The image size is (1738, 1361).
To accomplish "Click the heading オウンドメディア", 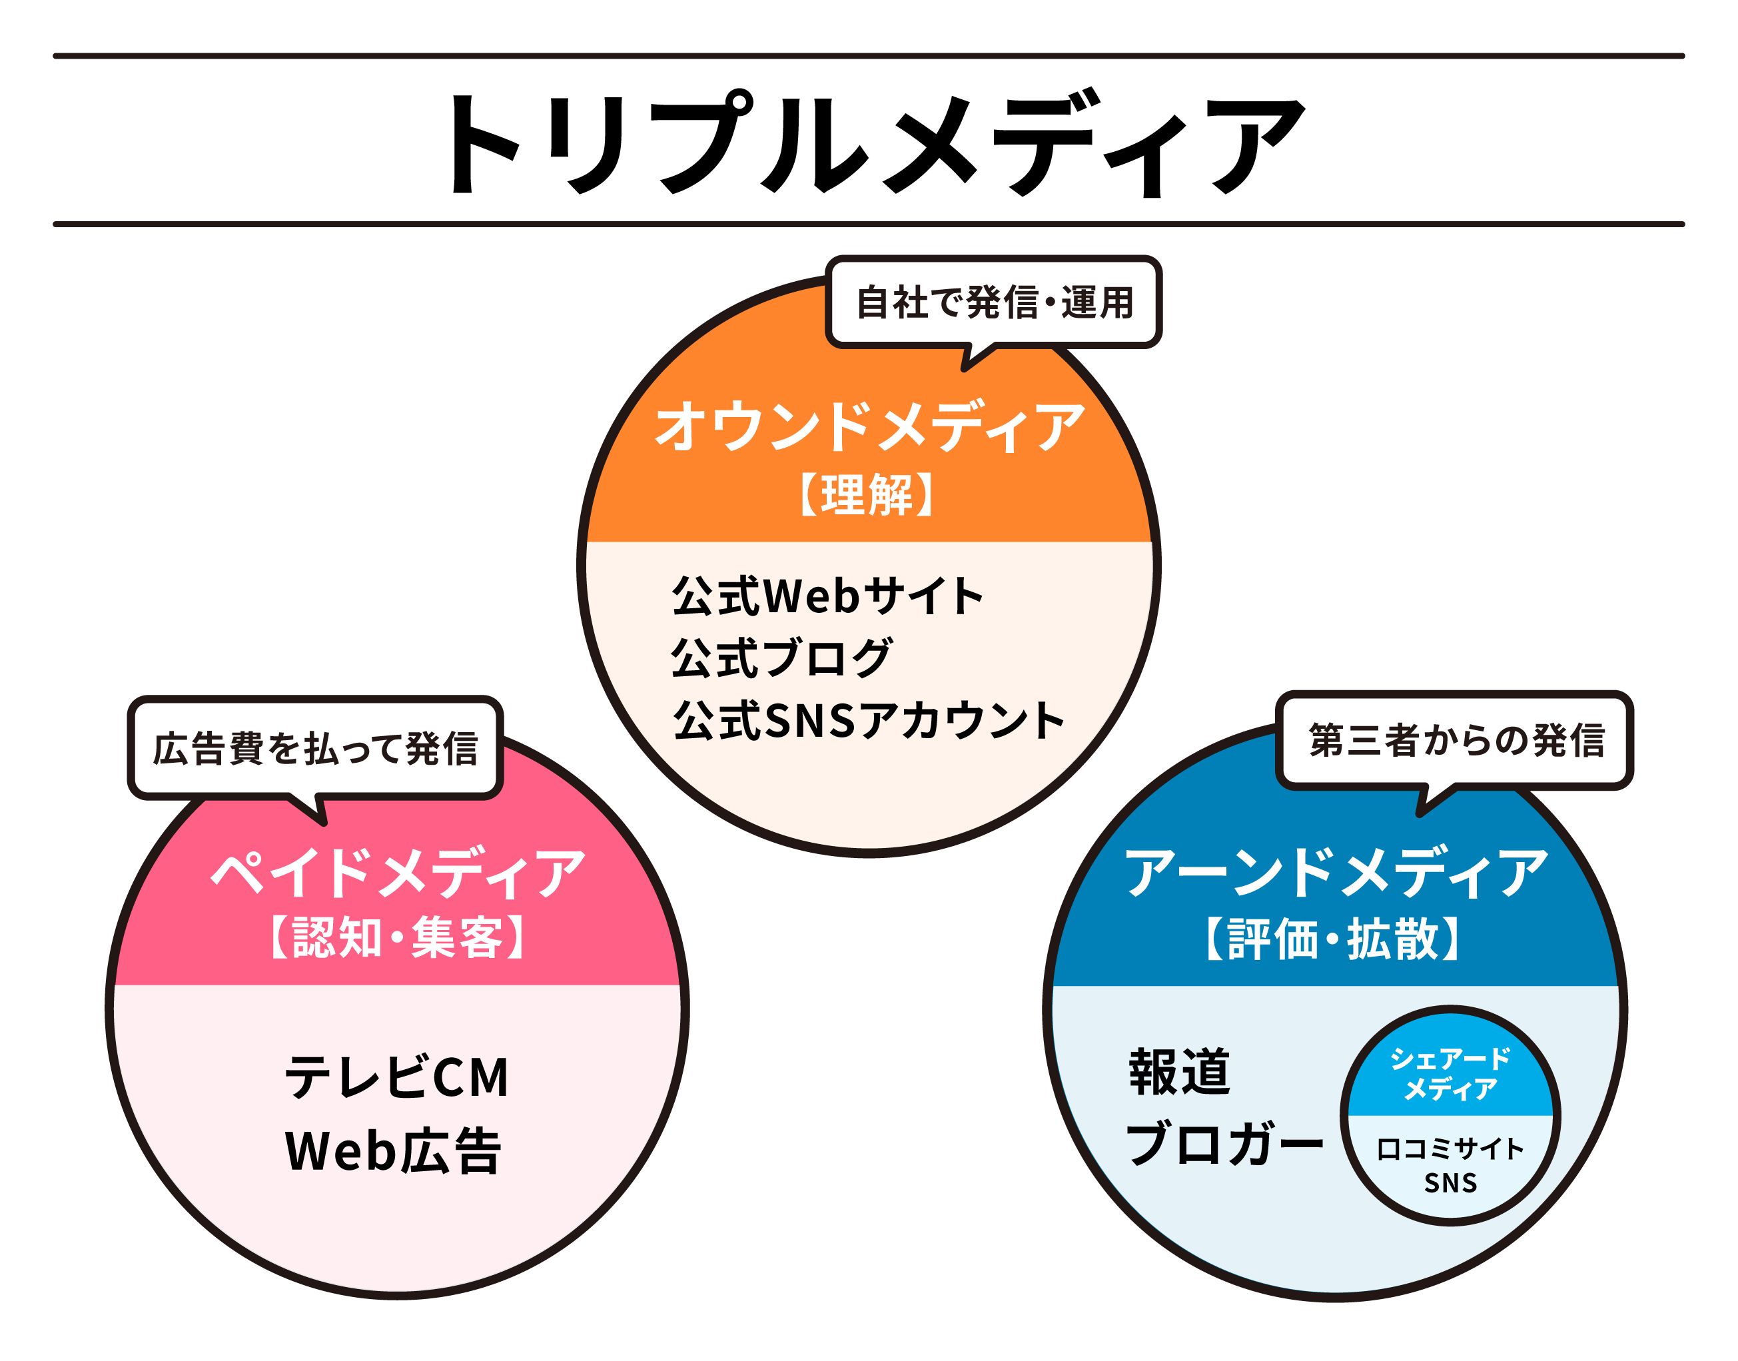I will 869,426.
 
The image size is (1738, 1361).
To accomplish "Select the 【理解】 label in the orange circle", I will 867,495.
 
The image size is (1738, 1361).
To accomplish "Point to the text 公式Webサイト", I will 827,596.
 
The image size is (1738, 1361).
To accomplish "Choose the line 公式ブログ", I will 781,658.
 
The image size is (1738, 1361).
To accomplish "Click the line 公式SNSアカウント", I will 868,720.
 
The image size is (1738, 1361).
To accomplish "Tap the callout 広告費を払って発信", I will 316,748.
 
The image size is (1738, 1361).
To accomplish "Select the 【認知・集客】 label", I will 398,938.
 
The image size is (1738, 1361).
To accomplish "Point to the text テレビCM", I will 396,1077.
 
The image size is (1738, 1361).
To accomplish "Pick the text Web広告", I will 393,1150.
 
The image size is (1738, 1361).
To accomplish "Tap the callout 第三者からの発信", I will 1455,740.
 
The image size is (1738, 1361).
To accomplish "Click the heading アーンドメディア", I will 1336,873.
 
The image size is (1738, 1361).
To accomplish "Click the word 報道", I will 1179,1072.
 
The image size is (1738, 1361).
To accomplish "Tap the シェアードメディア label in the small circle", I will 1450,1073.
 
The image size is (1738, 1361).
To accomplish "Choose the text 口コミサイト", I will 1450,1149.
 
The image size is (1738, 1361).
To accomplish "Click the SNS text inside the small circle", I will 1450,1183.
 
